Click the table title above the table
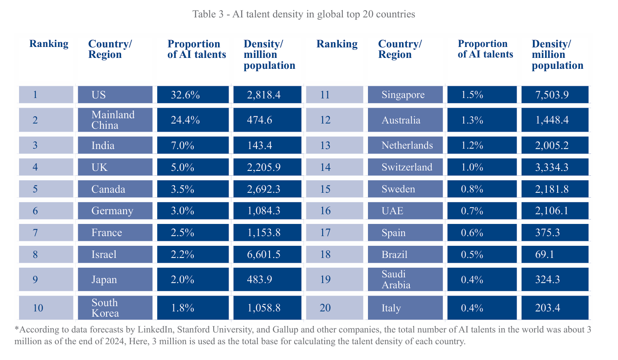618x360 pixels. click(304, 14)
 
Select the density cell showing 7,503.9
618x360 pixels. click(554, 95)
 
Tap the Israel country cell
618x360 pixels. click(115, 254)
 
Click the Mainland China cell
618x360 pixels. click(115, 120)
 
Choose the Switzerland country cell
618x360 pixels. click(405, 167)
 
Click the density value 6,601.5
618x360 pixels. click(267, 254)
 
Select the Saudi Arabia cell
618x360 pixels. click(405, 279)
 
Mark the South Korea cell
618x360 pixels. click(115, 308)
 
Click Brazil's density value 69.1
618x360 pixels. click(554, 254)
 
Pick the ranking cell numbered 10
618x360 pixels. click(46, 308)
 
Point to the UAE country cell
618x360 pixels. click(405, 211)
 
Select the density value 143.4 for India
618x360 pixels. click(267, 145)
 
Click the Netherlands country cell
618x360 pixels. click(405, 145)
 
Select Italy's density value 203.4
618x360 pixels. click(554, 308)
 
